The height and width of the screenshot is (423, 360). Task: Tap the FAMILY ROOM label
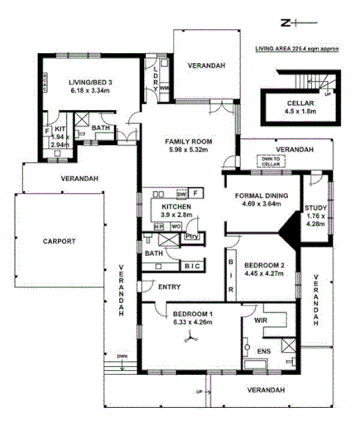tap(189, 141)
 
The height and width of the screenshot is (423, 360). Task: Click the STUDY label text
tap(315, 209)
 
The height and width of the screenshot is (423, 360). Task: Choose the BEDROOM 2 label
tap(264, 265)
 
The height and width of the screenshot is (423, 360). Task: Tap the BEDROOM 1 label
tap(194, 314)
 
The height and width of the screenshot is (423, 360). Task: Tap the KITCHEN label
tap(177, 206)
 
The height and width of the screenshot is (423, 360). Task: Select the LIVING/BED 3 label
tap(92, 82)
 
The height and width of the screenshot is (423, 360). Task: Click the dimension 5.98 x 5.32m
tap(189, 150)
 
